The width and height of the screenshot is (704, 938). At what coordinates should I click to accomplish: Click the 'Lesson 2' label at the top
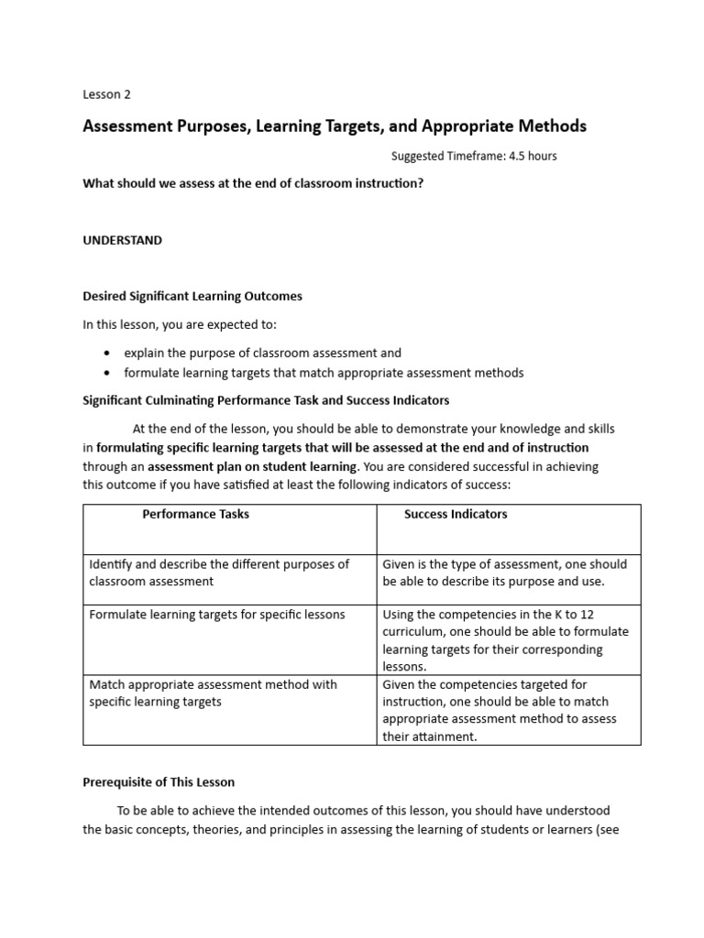click(x=107, y=94)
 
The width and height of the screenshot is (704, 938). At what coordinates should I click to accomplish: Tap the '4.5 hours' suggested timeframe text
click(x=530, y=156)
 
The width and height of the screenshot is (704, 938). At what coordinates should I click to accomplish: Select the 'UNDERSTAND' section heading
click(x=122, y=240)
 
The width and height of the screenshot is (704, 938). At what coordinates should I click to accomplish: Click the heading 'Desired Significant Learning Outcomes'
click(x=192, y=296)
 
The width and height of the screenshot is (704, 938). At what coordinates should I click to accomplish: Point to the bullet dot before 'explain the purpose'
click(x=107, y=353)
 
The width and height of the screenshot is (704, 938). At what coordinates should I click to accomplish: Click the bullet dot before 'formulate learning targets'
click(x=107, y=373)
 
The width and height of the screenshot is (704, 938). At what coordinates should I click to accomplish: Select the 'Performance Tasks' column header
click(x=195, y=514)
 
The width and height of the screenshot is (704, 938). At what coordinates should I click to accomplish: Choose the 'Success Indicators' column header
click(x=456, y=514)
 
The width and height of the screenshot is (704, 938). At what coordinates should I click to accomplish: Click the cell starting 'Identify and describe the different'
click(x=219, y=573)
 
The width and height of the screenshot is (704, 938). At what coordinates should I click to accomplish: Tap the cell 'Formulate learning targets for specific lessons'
click(x=217, y=615)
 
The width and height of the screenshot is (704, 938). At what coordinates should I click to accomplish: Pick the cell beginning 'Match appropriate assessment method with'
click(x=213, y=693)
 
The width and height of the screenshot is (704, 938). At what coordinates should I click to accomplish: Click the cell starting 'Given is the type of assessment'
click(x=504, y=573)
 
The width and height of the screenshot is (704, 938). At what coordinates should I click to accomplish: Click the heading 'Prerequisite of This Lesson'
click(x=159, y=782)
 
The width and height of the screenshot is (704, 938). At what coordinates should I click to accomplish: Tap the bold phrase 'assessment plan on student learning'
click(x=252, y=466)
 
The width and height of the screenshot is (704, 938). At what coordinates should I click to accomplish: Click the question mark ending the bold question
click(x=421, y=183)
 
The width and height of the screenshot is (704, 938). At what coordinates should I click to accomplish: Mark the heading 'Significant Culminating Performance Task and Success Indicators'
click(x=266, y=400)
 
